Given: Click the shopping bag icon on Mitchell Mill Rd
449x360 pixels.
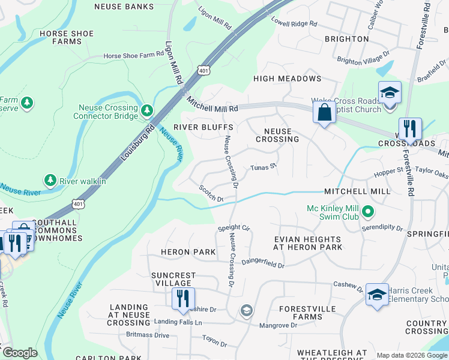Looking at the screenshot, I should [324, 113].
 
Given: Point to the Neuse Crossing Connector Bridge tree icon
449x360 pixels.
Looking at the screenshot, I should [146, 111].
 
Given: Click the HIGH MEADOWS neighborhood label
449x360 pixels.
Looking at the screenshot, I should [287, 79].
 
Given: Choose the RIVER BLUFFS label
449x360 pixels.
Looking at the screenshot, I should [203, 127].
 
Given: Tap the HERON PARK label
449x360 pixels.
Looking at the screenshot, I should [188, 252].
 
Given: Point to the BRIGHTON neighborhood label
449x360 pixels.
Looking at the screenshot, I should [346, 39].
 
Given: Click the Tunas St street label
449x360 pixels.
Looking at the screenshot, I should [262, 167].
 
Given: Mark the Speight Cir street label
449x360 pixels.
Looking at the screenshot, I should [234, 228].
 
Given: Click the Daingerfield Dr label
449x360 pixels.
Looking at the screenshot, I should [263, 263].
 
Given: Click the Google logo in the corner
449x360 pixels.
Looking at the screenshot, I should [20, 353].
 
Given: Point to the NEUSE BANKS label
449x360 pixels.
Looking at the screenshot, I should [124, 7].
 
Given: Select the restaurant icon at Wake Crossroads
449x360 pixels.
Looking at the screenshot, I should [410, 128].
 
